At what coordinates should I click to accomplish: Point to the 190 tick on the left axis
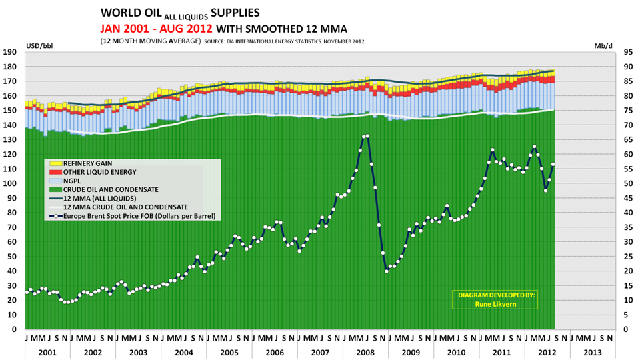pyautogui.click(x=10, y=52)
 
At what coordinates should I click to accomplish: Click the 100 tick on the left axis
pyautogui.click(x=10, y=183)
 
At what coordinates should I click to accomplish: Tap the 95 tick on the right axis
pyautogui.click(x=627, y=52)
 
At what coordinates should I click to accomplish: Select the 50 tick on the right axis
pyautogui.click(x=627, y=183)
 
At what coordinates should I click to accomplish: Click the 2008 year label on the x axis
pyautogui.click(x=365, y=351)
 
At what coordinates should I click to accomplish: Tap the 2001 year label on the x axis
pyautogui.click(x=47, y=351)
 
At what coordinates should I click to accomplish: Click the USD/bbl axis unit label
pyautogui.click(x=38, y=45)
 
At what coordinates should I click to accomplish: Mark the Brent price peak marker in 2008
pyautogui.click(x=367, y=136)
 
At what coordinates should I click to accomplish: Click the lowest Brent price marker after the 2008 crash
pyautogui.click(x=387, y=271)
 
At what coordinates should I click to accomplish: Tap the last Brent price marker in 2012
pyautogui.click(x=553, y=165)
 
